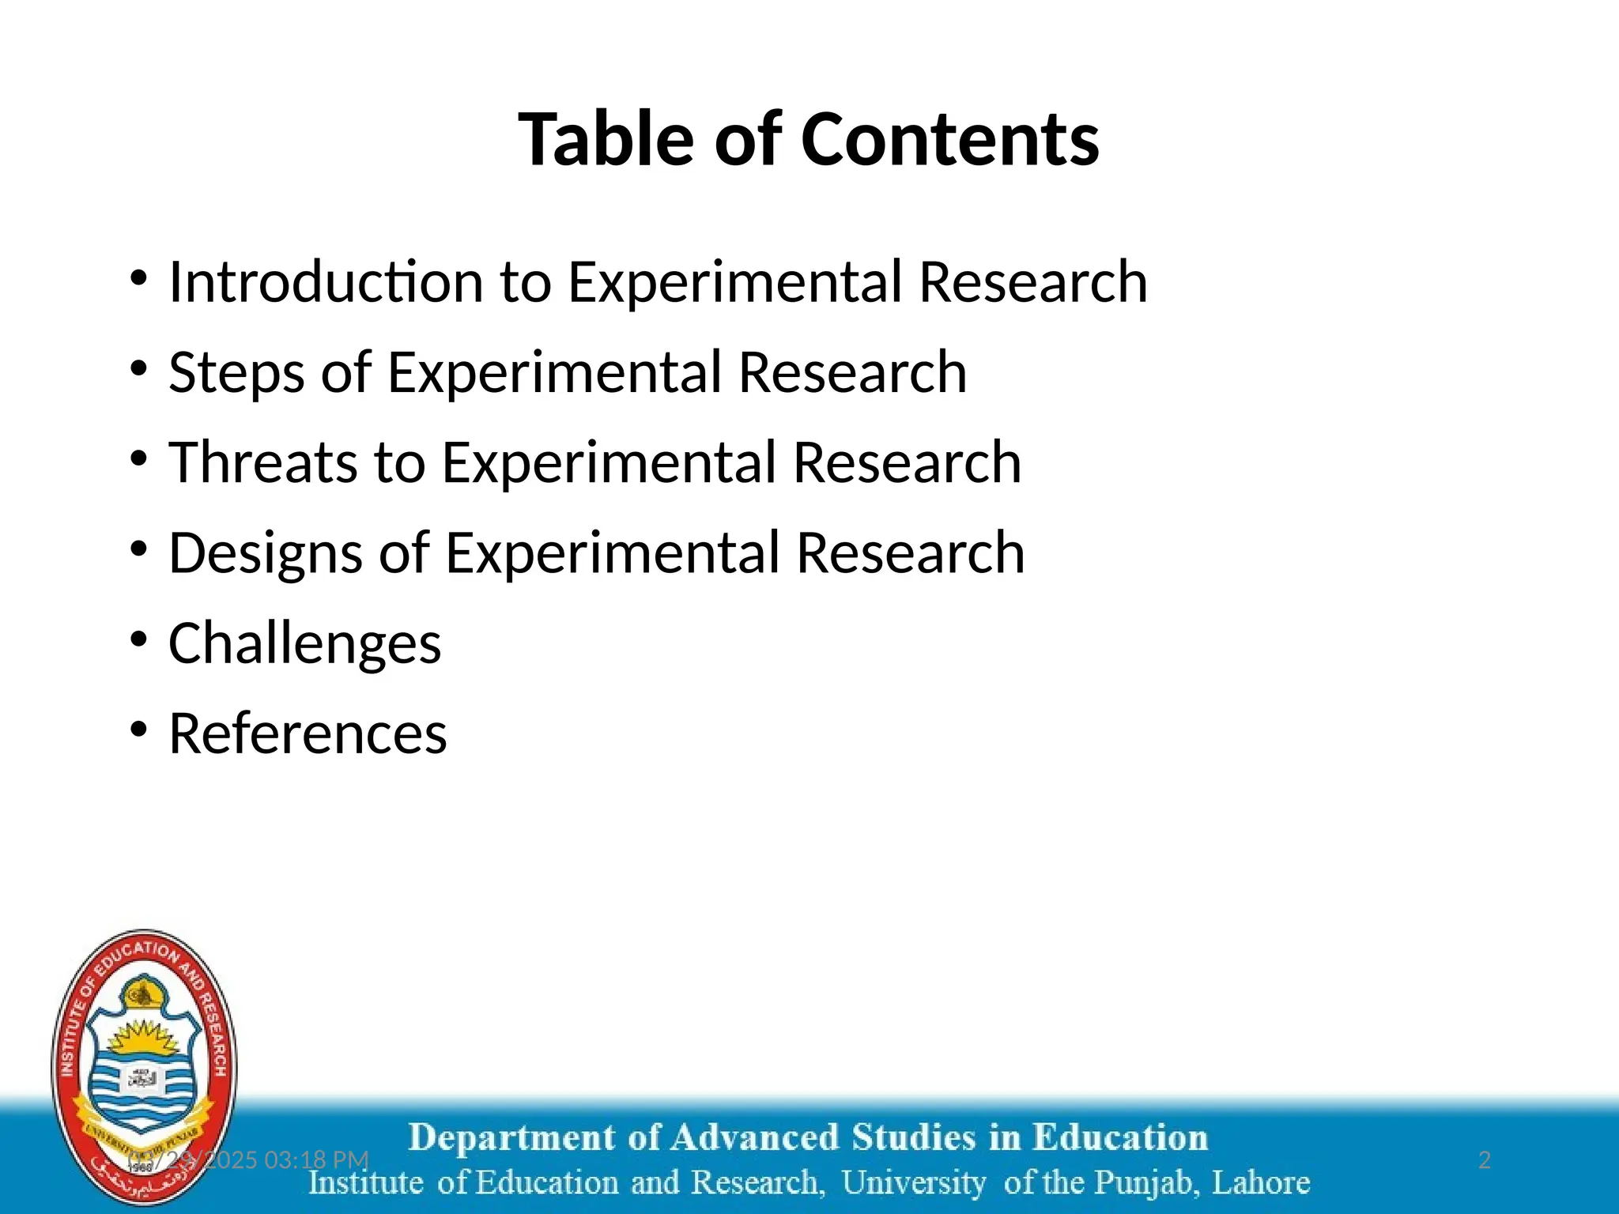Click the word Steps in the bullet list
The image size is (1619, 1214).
pyautogui.click(x=236, y=372)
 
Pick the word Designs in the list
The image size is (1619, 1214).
pyautogui.click(x=266, y=553)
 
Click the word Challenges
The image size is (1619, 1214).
pyautogui.click(x=304, y=643)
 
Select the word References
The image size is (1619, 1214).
pyautogui.click(x=308, y=733)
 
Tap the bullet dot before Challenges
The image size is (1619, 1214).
pyautogui.click(x=139, y=639)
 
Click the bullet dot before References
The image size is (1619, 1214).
pyautogui.click(x=139, y=729)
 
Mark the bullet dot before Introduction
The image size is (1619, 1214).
pyautogui.click(x=139, y=277)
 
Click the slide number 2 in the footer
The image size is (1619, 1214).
pyautogui.click(x=1484, y=1159)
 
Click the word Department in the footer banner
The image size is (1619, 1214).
pyautogui.click(x=512, y=1138)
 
